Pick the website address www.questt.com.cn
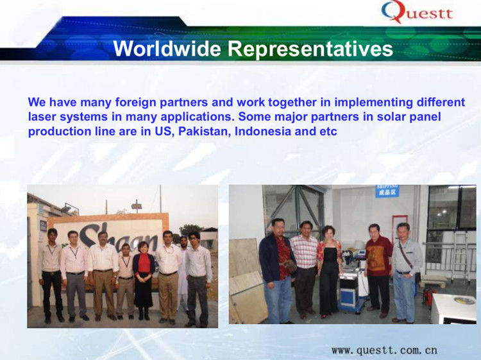pyautogui.click(x=384, y=350)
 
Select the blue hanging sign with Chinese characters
pyautogui.click(x=387, y=191)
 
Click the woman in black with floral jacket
pyautogui.click(x=329, y=270)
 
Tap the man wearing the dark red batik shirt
pyautogui.click(x=378, y=270)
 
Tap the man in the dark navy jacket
pyautogui.click(x=275, y=270)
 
